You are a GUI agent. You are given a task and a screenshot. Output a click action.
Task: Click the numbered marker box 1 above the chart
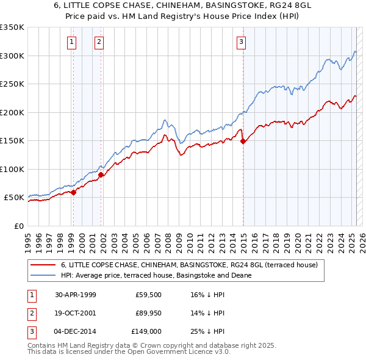(72, 42)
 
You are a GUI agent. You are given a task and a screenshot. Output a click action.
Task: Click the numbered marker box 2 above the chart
(99, 42)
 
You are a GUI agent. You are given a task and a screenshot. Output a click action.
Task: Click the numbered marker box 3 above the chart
(241, 42)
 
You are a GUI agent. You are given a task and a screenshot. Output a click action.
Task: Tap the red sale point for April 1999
(73, 192)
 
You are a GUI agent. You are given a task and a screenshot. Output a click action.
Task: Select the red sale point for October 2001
(101, 175)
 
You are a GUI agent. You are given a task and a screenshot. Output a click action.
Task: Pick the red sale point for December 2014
(243, 142)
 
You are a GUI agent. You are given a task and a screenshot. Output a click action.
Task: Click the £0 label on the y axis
(18, 226)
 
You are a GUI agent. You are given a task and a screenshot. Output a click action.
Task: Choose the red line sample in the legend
(44, 265)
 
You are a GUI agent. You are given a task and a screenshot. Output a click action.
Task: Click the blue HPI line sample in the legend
(44, 275)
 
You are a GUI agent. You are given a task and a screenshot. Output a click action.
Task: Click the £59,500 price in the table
(148, 295)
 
